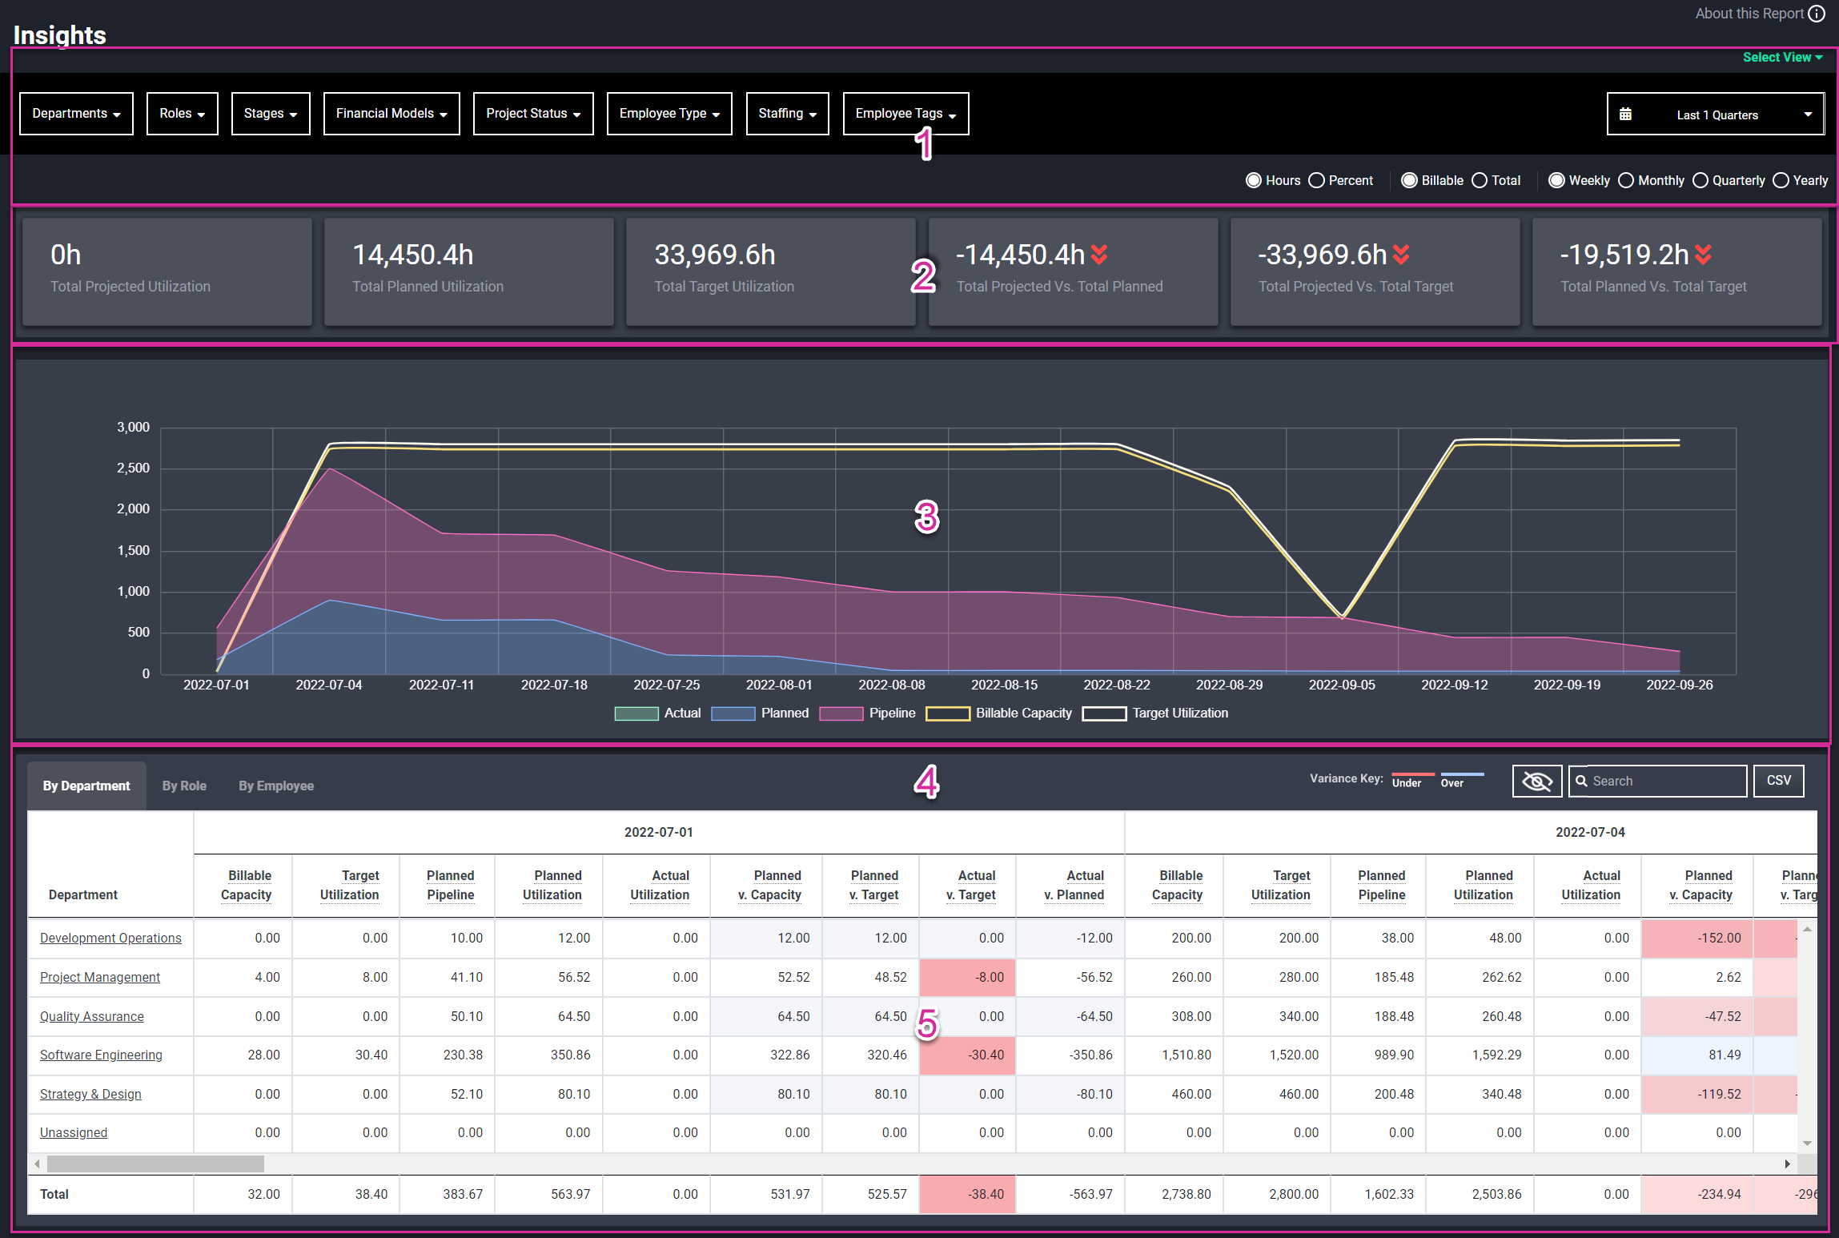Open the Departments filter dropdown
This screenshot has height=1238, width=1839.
pyautogui.click(x=76, y=114)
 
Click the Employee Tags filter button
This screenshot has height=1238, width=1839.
pyautogui.click(x=905, y=114)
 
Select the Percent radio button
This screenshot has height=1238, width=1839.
pyautogui.click(x=1316, y=181)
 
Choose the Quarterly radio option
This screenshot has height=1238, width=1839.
pyautogui.click(x=1700, y=181)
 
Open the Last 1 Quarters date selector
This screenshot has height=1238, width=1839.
pyautogui.click(x=1715, y=115)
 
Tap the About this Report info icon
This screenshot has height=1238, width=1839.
pyautogui.click(x=1817, y=14)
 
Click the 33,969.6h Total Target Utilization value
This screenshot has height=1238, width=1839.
pyautogui.click(x=714, y=255)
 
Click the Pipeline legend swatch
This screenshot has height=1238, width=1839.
pyautogui.click(x=841, y=713)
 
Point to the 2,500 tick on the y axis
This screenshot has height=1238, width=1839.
pyautogui.click(x=134, y=468)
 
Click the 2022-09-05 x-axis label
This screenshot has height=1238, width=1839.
pyautogui.click(x=1342, y=685)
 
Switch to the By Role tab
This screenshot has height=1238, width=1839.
pyautogui.click(x=184, y=786)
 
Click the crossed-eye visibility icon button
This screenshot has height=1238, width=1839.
pyautogui.click(x=1536, y=781)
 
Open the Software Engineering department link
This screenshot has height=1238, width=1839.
pyautogui.click(x=101, y=1055)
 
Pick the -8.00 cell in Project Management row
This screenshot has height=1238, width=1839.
pyautogui.click(x=967, y=978)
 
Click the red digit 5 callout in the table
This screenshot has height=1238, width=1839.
pyautogui.click(x=927, y=1024)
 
